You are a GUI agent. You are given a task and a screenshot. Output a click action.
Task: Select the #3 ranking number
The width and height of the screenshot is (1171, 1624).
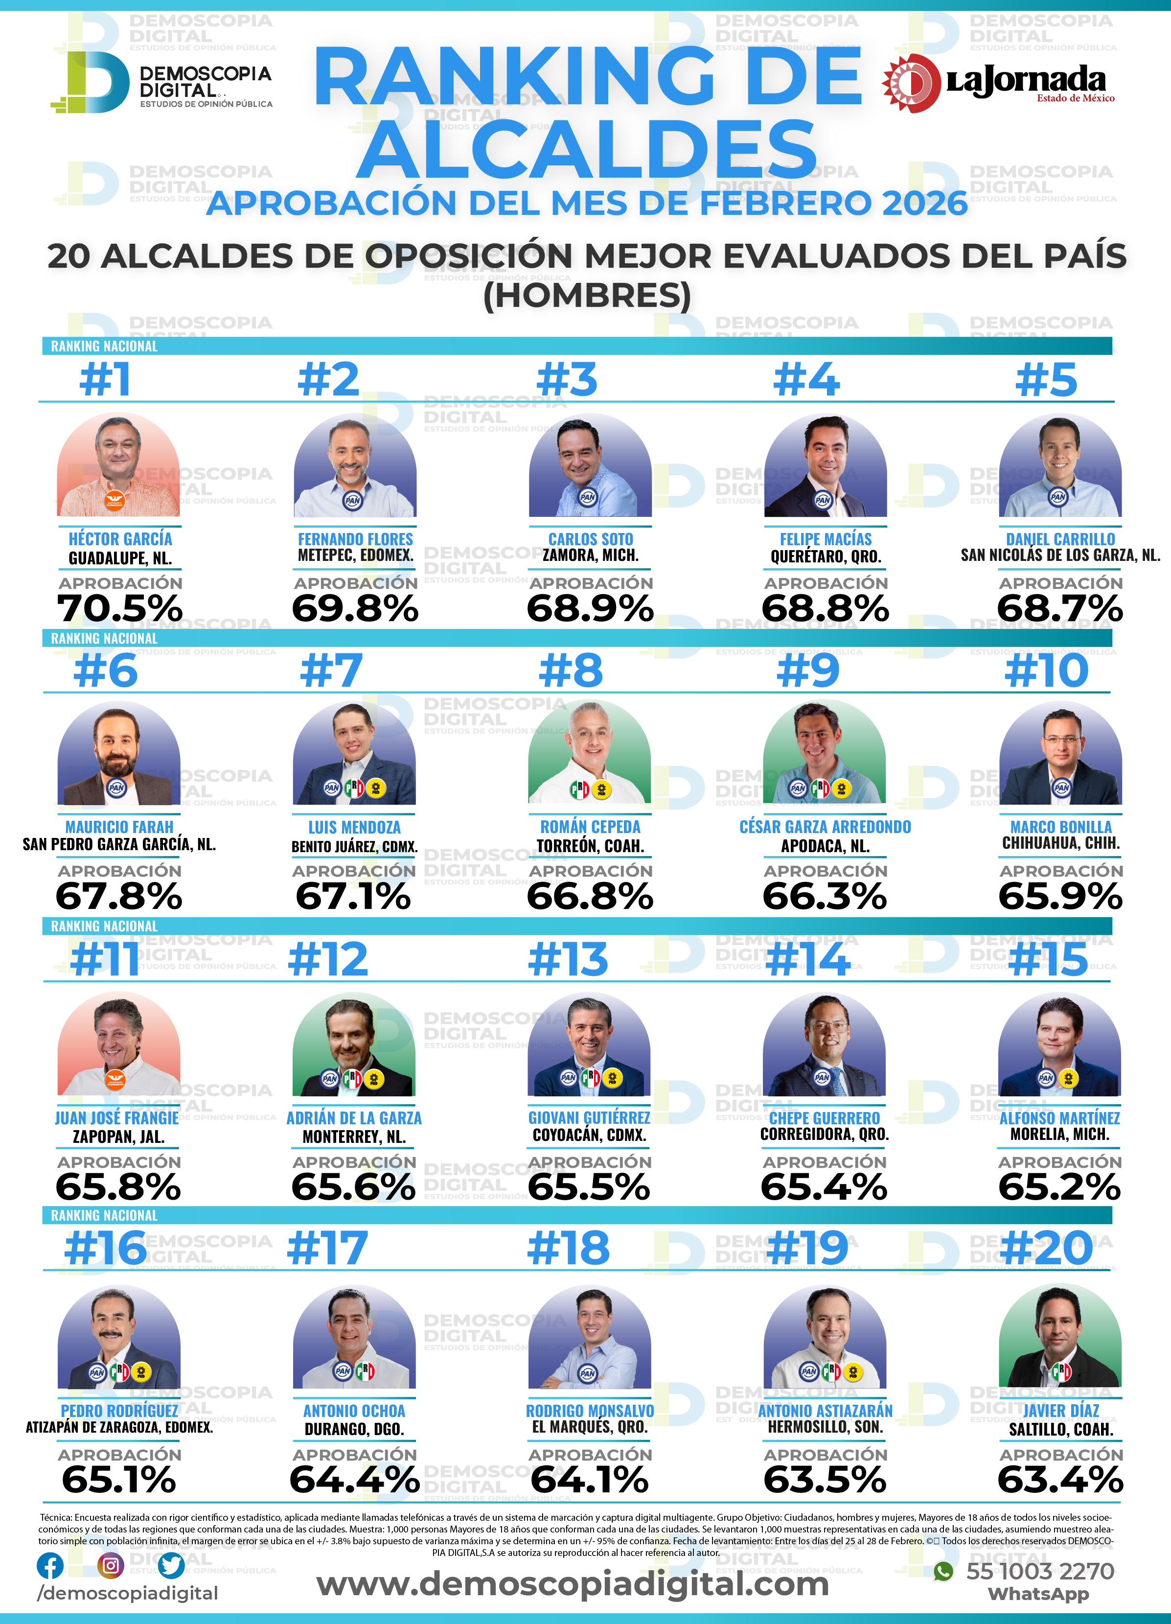coord(567,379)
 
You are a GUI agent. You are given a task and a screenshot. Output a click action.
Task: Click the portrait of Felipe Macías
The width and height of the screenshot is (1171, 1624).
coord(826,466)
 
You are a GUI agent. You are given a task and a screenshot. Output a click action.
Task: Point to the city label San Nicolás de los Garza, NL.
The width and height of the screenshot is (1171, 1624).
coord(1060,555)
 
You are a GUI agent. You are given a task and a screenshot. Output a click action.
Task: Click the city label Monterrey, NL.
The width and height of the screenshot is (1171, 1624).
coord(354,1137)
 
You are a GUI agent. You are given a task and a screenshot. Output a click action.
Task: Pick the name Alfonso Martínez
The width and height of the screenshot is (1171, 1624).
coord(1059,1118)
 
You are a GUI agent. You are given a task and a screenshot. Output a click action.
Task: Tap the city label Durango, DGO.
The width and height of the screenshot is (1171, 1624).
coord(354,1429)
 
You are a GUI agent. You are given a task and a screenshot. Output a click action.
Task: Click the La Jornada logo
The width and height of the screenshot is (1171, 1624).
coord(998,83)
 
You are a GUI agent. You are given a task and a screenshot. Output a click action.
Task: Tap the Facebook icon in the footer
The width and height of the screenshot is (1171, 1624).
coord(50,1566)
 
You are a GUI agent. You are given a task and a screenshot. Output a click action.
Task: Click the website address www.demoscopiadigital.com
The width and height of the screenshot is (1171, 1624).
coord(573,1583)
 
